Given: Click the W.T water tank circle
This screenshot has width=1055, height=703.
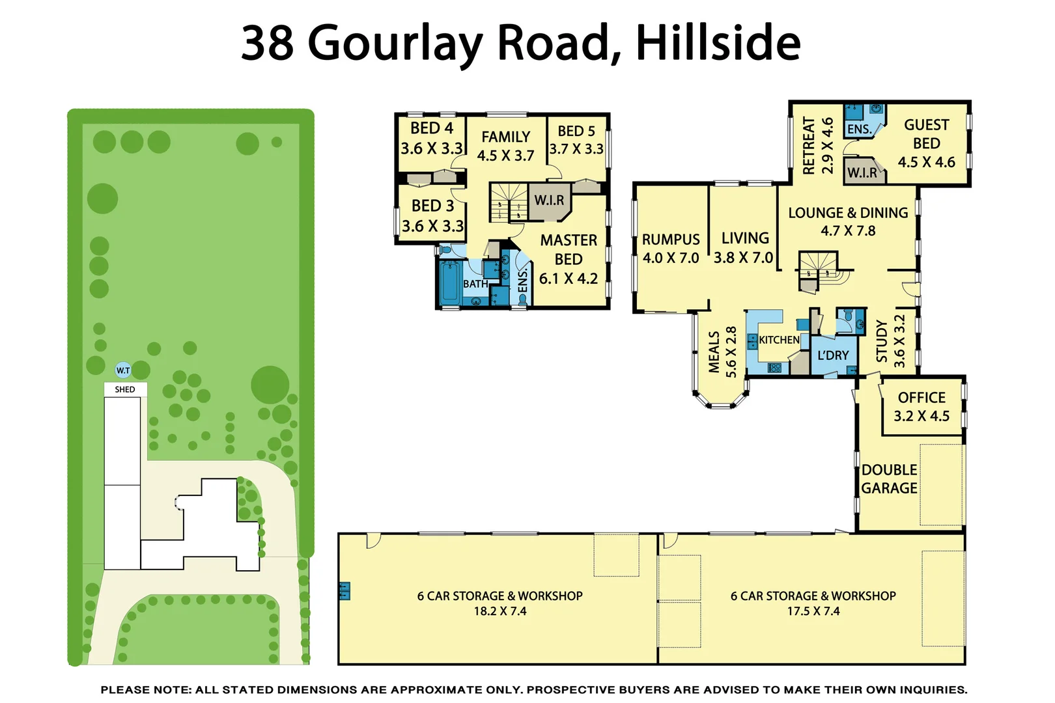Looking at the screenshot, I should (x=123, y=370).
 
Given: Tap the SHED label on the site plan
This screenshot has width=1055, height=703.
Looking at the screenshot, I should (x=125, y=390).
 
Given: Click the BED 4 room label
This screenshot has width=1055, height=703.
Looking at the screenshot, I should (x=432, y=138).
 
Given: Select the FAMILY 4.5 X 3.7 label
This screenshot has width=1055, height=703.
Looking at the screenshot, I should (x=505, y=146).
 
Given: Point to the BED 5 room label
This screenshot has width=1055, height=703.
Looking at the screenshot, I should (x=576, y=140).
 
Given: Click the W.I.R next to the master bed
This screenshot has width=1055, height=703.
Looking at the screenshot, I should (x=549, y=200).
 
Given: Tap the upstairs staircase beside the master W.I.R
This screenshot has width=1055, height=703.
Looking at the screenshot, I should (x=509, y=202).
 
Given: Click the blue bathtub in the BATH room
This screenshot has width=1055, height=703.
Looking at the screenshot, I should (x=449, y=282).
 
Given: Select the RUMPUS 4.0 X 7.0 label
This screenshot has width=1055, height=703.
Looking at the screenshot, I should (x=671, y=249).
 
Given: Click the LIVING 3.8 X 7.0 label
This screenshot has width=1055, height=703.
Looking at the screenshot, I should (x=744, y=248).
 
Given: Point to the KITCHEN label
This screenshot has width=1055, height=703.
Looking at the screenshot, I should (x=779, y=340).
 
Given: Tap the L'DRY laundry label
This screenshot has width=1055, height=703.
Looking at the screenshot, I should (x=833, y=355).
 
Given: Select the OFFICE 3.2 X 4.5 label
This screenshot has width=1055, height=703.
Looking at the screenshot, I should (x=921, y=407).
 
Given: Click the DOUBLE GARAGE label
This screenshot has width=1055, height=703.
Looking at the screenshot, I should (x=889, y=479).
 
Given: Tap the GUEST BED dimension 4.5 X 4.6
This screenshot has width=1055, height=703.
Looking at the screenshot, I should (x=926, y=162).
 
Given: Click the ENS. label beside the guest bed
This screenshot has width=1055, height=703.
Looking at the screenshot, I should (x=859, y=130).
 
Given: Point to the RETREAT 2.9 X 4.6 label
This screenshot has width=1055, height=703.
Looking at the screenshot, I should (x=818, y=146).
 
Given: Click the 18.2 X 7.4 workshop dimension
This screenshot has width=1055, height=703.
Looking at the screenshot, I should (x=499, y=611).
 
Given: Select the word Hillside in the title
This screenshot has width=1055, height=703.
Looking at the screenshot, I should (x=718, y=43).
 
